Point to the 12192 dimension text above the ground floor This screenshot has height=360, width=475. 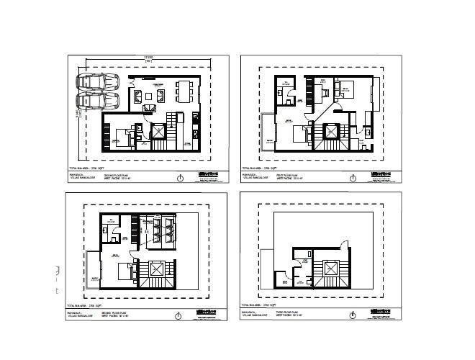[148, 58]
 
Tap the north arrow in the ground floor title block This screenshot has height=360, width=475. [178, 178]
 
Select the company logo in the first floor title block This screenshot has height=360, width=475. [379, 174]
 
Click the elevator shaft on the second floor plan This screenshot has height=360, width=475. [157, 267]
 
